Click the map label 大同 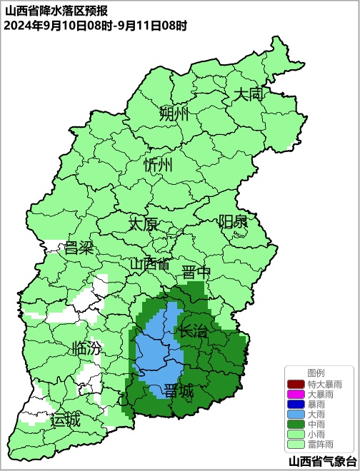[250, 93]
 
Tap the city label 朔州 [174, 113]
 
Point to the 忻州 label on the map [159, 165]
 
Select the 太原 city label [143, 223]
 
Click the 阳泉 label [233, 221]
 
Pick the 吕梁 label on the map [79, 248]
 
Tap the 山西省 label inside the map [150, 264]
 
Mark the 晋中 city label [196, 273]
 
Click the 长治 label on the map [193, 331]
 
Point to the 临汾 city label [87, 349]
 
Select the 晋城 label [179, 391]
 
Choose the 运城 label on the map [66, 420]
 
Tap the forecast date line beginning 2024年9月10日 [95, 26]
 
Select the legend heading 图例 [316, 373]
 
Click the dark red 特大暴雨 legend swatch [296, 384]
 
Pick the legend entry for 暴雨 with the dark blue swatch [314, 404]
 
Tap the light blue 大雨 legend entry [314, 414]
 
